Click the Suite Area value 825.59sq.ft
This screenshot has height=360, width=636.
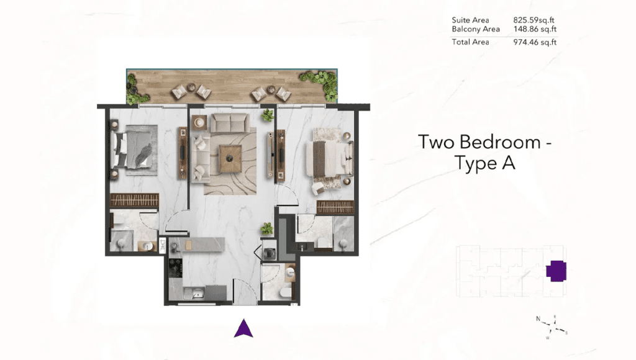coord(534,20)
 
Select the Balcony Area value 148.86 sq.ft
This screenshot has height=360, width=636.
coord(535,29)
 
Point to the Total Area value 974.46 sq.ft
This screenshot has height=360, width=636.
coord(535,42)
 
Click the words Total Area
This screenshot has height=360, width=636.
coord(471,42)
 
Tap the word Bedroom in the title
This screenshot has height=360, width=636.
coord(500,142)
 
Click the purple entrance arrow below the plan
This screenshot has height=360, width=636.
coord(243,328)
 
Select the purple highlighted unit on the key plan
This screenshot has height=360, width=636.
coord(556,271)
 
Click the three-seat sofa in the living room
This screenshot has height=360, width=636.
coord(230,122)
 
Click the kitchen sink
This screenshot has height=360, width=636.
coord(194,292)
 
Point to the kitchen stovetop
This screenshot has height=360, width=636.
coord(176,266)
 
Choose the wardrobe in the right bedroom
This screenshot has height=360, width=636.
coord(335,207)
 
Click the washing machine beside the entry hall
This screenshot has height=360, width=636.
coord(269,251)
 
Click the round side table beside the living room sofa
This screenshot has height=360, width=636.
coord(199,122)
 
